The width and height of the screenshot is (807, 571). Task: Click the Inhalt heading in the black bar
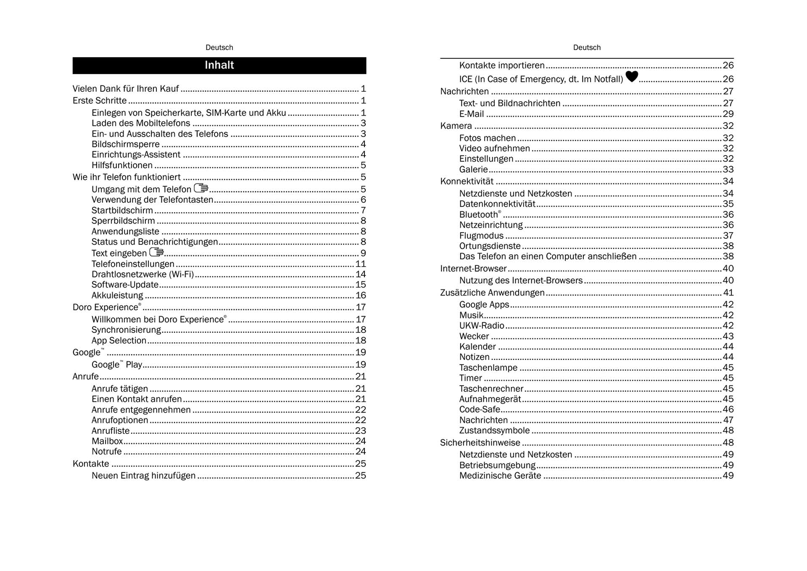coord(219,65)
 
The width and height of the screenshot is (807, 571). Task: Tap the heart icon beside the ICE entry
coord(632,77)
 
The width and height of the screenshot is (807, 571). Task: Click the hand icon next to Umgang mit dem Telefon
coord(201,188)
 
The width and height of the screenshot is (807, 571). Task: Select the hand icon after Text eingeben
coord(156,252)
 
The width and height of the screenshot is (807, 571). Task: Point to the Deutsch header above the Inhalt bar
coord(219,48)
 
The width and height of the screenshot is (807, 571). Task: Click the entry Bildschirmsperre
coord(126,144)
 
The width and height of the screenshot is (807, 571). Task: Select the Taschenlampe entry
coord(488,367)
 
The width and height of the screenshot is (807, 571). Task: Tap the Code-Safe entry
coord(480,409)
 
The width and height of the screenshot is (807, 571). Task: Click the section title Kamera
coord(456,126)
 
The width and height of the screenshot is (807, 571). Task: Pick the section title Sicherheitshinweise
coord(480,442)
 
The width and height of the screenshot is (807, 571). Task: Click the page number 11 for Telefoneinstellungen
coord(361,264)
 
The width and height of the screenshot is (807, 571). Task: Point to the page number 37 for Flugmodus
coord(728,235)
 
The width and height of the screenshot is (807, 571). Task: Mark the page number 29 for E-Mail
coord(728,114)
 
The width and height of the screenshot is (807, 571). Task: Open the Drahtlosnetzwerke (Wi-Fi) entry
coord(142,274)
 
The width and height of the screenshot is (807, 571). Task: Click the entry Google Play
coord(117,365)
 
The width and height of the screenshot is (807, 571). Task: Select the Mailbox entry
coord(107,441)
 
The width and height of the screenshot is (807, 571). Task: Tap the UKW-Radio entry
coord(482,325)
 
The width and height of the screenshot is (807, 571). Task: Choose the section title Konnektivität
coord(467,181)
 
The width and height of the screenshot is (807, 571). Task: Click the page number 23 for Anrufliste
coord(361,431)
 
